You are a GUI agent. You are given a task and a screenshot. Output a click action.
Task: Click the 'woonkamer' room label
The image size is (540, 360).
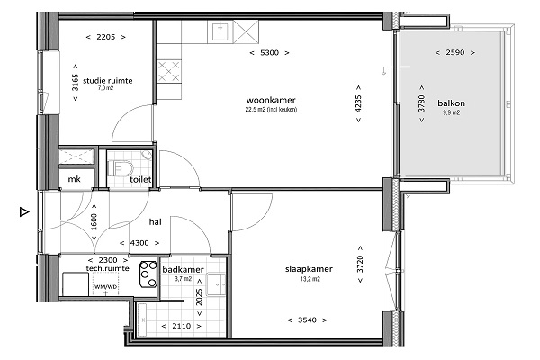coord(271,100)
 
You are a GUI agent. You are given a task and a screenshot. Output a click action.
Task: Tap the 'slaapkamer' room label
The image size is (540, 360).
coord(309,269)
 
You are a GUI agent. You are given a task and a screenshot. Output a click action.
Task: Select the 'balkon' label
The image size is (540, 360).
coord(451,103)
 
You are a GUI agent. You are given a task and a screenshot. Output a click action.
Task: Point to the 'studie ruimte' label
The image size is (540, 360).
coord(107,81)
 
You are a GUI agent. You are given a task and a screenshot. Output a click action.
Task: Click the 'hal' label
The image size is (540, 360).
coord(156,222)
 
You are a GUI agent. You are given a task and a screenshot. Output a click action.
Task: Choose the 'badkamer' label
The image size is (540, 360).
coord(184,269)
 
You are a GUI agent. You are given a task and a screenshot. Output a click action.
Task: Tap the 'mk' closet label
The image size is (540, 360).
coord(74,179)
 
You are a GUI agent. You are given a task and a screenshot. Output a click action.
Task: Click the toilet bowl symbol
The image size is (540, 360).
coord(121,168)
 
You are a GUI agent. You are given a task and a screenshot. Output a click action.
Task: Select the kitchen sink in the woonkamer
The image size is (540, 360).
coord(220,31)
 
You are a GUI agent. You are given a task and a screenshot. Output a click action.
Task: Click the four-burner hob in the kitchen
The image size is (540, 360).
coord(169,71)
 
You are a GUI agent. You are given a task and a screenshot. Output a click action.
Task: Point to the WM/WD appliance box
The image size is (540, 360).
coord(105,283)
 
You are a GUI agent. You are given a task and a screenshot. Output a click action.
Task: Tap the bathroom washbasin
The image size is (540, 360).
coord(216,284)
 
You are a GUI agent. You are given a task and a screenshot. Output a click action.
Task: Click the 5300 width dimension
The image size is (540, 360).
coord(270,53)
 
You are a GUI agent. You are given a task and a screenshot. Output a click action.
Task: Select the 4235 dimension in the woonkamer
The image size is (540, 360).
coord(358,103)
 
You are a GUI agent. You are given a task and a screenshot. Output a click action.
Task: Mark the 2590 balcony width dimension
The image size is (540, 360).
coord(454,52)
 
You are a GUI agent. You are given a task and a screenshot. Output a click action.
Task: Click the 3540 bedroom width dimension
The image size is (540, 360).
coord(307,320)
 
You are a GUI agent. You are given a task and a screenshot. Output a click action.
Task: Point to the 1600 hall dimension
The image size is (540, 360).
coord(94,222)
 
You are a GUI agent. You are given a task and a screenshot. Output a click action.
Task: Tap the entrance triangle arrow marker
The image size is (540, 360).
coord(24,211)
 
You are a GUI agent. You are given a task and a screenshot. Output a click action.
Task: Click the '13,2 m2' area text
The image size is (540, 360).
coord(310,279)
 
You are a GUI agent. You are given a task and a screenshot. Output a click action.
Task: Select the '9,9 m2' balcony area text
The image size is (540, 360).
coord(451,112)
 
